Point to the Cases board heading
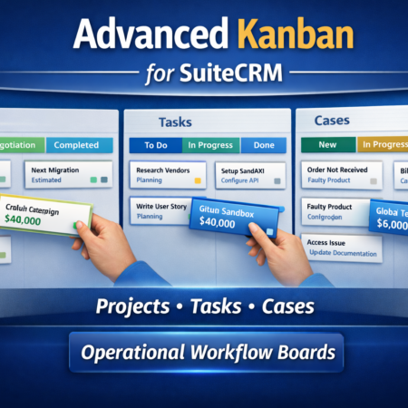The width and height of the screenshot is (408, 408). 333,120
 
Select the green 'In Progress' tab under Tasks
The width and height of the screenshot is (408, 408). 209,144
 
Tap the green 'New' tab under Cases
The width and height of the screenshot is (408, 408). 326,144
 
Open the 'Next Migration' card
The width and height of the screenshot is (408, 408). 67,175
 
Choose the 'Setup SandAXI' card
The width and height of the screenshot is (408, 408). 247,174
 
